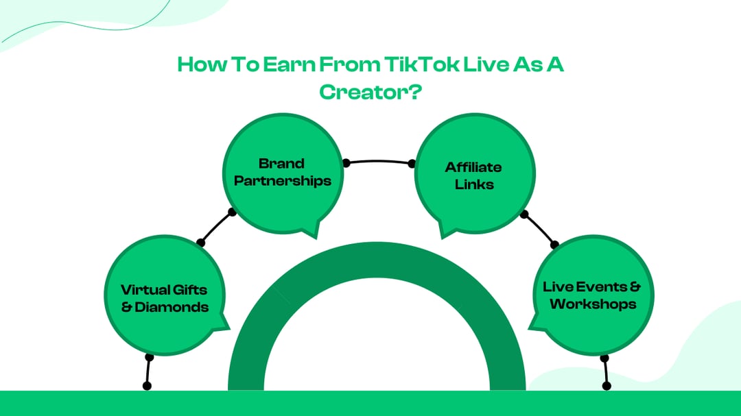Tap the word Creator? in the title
[x=370, y=93]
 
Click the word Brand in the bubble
[x=281, y=164]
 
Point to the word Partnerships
[x=283, y=181]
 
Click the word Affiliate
[x=473, y=167]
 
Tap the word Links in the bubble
[x=473, y=184]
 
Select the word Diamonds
[x=172, y=307]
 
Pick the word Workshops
[x=593, y=304]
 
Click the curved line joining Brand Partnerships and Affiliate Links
[x=379, y=161]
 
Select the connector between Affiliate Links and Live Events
[x=540, y=229]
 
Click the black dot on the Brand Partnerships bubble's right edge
[x=346, y=163]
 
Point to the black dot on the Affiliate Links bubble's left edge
[x=412, y=164]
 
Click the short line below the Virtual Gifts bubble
[x=148, y=372]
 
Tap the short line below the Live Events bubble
[x=605, y=372]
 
